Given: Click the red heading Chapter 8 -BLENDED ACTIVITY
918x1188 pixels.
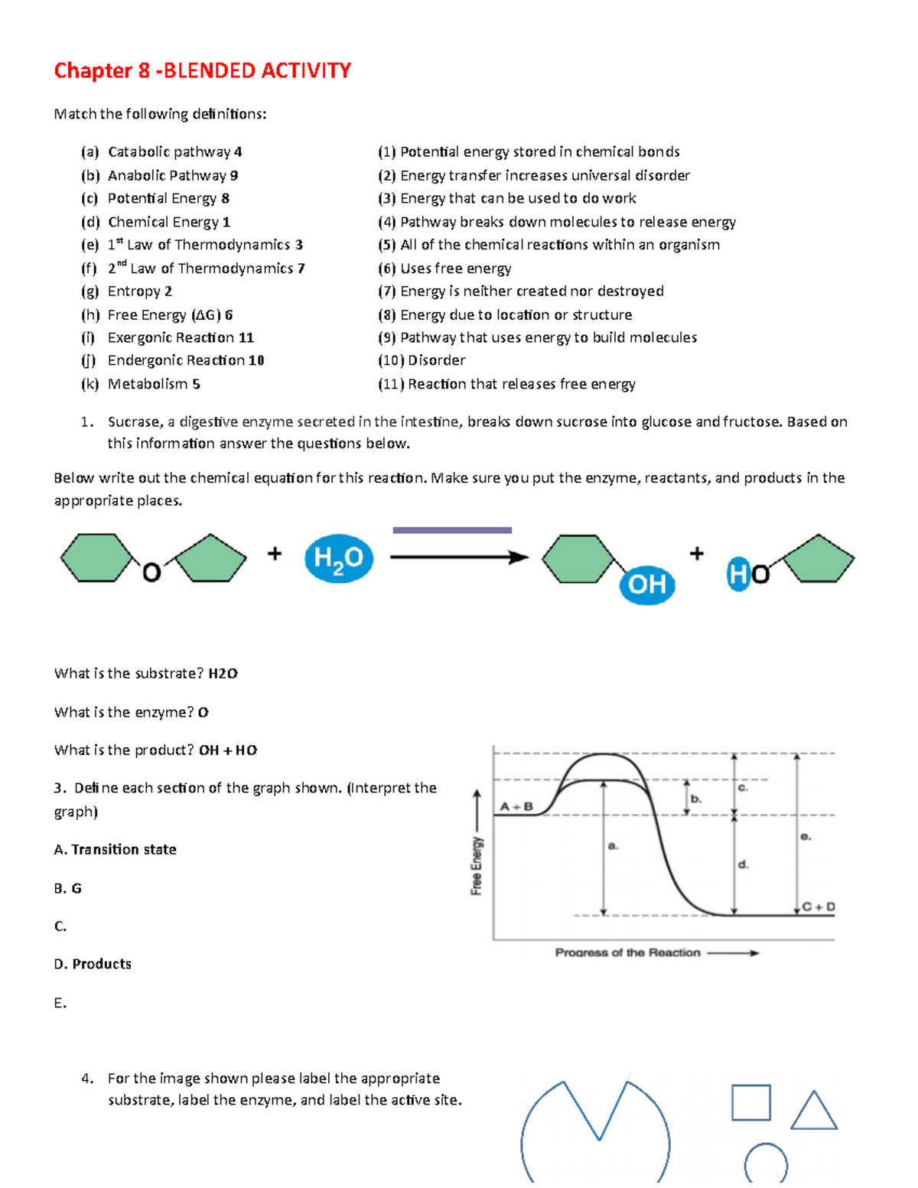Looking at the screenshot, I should click(202, 71).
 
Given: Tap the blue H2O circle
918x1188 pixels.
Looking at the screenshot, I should click(338, 558).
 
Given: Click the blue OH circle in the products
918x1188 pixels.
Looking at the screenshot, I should click(647, 584).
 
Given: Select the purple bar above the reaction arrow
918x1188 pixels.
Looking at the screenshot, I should click(452, 529).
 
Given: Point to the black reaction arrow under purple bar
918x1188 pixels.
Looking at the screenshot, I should click(459, 557).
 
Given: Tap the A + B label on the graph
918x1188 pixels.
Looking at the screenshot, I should click(516, 806).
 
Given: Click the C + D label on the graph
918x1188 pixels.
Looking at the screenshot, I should click(819, 906).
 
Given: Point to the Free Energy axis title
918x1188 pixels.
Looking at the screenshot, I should click(477, 865).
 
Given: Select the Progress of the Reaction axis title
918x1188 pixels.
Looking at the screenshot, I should click(627, 952).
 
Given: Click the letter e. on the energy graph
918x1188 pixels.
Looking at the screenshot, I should click(806, 837).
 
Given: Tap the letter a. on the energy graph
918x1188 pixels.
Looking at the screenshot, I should click(613, 846).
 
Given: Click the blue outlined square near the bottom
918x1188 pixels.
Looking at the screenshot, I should click(750, 1102).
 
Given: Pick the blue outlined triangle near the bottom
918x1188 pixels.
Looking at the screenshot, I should click(813, 1113).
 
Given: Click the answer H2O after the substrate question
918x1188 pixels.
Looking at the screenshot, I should click(223, 674).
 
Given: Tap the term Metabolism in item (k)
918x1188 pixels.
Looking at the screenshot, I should click(147, 384).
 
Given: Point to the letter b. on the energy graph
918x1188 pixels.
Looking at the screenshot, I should click(696, 798).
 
